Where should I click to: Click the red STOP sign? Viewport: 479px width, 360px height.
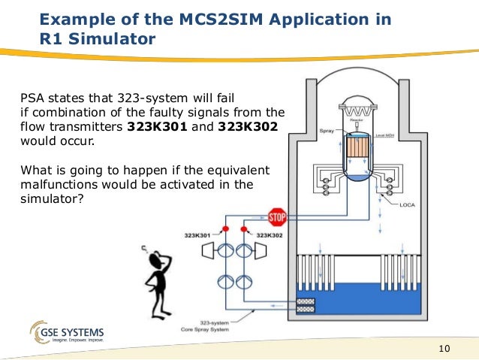[277, 218]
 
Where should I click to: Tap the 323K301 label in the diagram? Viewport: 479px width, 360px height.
[197, 236]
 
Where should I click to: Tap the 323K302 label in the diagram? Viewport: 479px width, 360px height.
[273, 236]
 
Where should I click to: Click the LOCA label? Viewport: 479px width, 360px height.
[407, 204]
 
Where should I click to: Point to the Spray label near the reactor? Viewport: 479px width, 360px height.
[328, 129]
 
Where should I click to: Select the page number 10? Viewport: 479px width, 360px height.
[443, 348]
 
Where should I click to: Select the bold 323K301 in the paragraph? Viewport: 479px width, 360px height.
[156, 127]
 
